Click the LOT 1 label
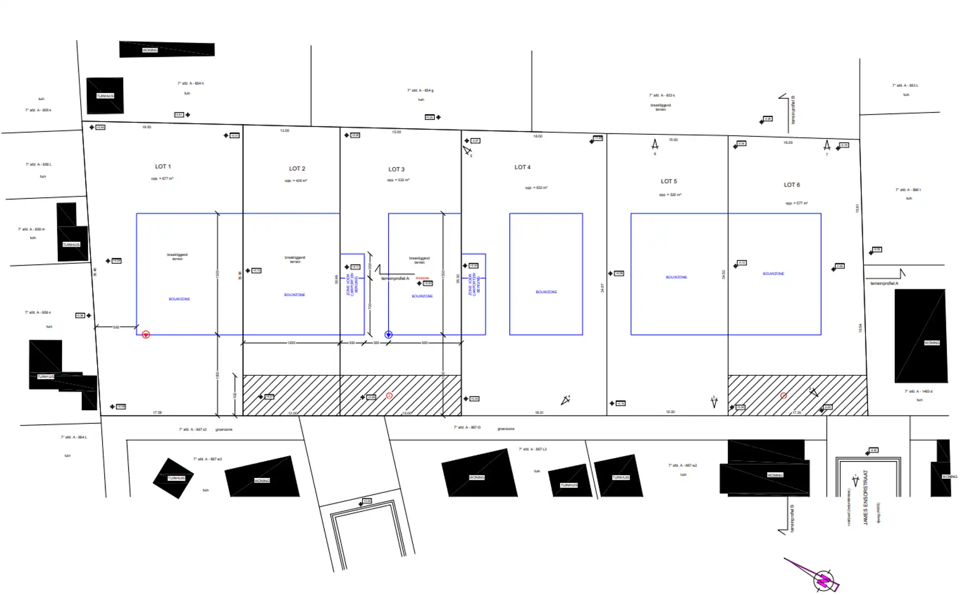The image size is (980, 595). pyautogui.click(x=163, y=167)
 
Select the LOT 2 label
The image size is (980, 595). pyautogui.click(x=297, y=169)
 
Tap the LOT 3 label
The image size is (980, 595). pyautogui.click(x=396, y=170)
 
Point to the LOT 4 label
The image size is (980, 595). pyautogui.click(x=522, y=168)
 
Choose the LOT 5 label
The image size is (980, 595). pyautogui.click(x=668, y=181)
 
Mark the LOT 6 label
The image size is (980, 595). pyautogui.click(x=791, y=185)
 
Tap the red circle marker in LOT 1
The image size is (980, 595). pyautogui.click(x=146, y=335)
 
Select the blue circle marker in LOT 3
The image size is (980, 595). pyautogui.click(x=389, y=335)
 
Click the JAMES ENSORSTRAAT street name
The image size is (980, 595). pyautogui.click(x=865, y=497)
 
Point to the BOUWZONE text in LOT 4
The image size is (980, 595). pyautogui.click(x=546, y=292)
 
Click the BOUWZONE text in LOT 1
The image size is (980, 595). pyautogui.click(x=179, y=299)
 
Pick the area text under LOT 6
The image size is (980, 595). pyautogui.click(x=796, y=203)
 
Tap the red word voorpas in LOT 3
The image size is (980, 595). pyautogui.click(x=422, y=278)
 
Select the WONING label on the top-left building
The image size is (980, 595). pyautogui.click(x=150, y=50)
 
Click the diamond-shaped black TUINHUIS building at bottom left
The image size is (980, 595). pyautogui.click(x=173, y=478)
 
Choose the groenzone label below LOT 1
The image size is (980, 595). pyautogui.click(x=224, y=429)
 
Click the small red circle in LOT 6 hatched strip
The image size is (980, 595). pyautogui.click(x=783, y=396)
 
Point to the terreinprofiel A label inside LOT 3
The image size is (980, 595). pyautogui.click(x=395, y=279)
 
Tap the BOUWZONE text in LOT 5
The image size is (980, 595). pyautogui.click(x=676, y=277)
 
